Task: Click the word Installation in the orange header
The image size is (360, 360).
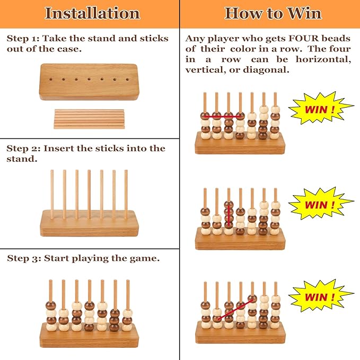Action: pyautogui.click(x=92, y=13)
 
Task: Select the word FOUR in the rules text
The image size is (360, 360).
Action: pyautogui.click(x=303, y=38)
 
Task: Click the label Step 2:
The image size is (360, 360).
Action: pyautogui.click(x=23, y=148)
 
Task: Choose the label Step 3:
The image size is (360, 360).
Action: pyautogui.click(x=24, y=258)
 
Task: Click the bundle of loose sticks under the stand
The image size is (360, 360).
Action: pyautogui.click(x=89, y=119)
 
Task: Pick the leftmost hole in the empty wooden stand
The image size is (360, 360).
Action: pyautogui.click(x=51, y=80)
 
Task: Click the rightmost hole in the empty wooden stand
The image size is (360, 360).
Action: pyautogui.click(x=127, y=80)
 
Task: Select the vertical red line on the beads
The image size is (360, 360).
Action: pyautogui.click(x=229, y=216)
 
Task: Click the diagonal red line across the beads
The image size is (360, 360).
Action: pyautogui.click(x=235, y=309)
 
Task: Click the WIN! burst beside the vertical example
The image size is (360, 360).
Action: pyautogui.click(x=320, y=204)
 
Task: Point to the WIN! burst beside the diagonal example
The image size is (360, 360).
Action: pyautogui.click(x=320, y=297)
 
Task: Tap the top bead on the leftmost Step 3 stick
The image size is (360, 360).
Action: pyautogui.click(x=51, y=305)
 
